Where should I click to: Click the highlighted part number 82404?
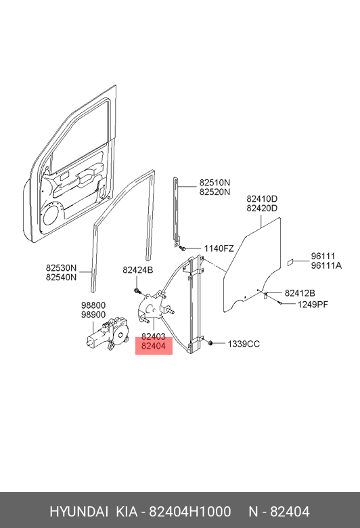tap(154, 346)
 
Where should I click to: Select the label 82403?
tap(154, 336)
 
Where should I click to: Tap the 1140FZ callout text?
tap(219, 248)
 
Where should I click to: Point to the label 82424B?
tap(138, 270)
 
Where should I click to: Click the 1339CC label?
tap(244, 344)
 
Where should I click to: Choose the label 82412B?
tap(300, 293)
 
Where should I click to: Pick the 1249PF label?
tap(313, 305)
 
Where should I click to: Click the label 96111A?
tap(326, 265)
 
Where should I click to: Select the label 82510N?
tap(215, 183)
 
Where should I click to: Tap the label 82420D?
tap(262, 208)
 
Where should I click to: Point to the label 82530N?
tap(62, 268)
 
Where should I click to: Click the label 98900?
tap(93, 315)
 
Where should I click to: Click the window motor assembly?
tap(107, 333)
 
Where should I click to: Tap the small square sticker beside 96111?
tap(290, 263)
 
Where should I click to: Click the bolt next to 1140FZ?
tap(183, 248)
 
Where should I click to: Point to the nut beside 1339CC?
tap(210, 343)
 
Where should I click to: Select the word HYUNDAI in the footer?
tap(78, 512)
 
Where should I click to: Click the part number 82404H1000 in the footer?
tap(190, 512)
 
